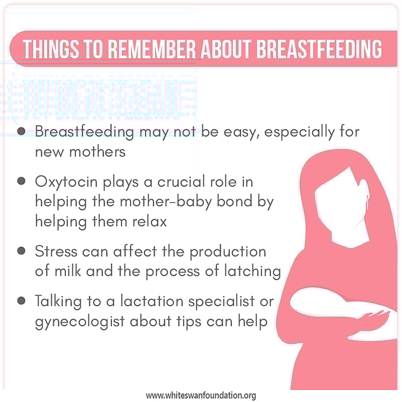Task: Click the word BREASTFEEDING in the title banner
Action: tap(320, 49)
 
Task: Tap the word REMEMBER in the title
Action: tap(153, 49)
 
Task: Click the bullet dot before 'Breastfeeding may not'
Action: tap(21, 131)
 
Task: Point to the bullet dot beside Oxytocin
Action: tap(21, 180)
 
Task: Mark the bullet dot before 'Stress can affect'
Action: tap(21, 250)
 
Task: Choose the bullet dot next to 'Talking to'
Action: tap(21, 300)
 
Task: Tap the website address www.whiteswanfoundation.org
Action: tap(201, 395)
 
